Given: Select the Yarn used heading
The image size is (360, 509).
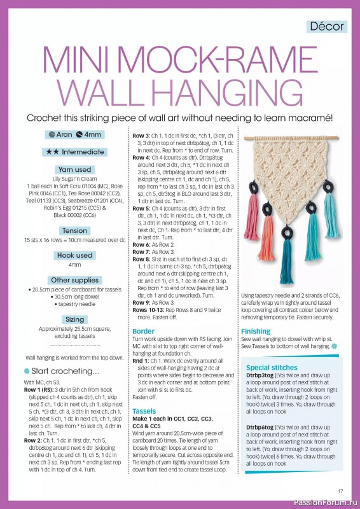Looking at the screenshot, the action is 75,169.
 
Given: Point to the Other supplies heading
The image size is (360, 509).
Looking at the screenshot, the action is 75,280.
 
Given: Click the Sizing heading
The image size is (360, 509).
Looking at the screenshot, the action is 75,319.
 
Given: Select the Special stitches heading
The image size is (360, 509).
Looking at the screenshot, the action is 272,368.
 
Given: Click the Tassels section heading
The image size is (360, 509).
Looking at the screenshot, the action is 144,412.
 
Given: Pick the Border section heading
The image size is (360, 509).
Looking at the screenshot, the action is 143,331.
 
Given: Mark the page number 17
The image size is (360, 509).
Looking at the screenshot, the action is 340,491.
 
